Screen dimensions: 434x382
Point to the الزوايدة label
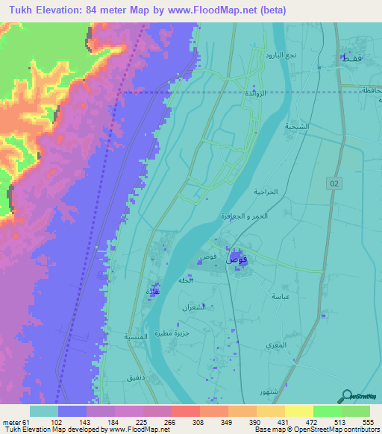click(256, 93)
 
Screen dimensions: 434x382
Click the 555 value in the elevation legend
click(367, 422)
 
